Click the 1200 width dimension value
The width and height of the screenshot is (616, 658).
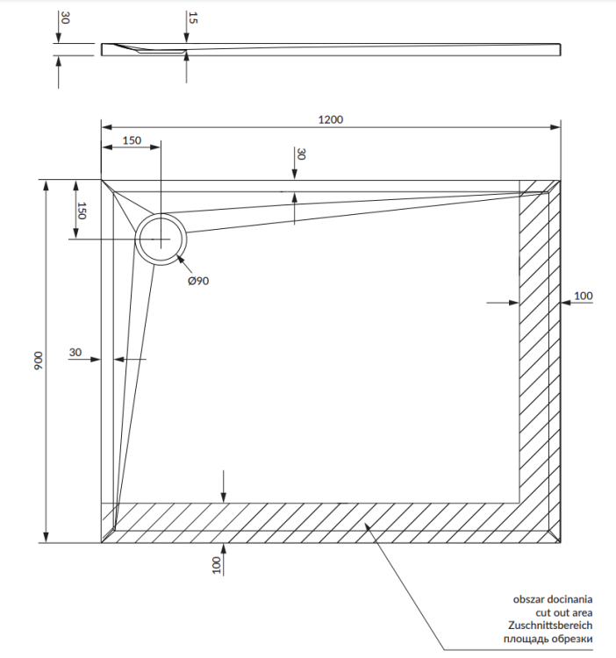coord(331,119)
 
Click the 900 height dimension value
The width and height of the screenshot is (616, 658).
coord(38,361)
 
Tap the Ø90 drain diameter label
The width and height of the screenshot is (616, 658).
coord(197,281)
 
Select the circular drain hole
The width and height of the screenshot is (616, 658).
coord(160,239)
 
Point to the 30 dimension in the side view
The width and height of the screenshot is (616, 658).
coord(64,18)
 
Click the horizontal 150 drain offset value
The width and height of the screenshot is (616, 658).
coord(132,140)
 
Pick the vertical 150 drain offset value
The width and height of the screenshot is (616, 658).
coord(82,211)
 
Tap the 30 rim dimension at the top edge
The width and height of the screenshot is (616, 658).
coord(301,154)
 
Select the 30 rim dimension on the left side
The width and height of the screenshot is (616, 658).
coord(75,353)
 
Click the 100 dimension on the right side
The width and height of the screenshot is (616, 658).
coord(583,296)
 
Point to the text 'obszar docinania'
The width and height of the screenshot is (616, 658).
coord(553,598)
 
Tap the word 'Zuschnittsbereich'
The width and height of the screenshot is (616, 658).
coord(551,625)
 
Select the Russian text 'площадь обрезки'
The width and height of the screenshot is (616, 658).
coord(553,639)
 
